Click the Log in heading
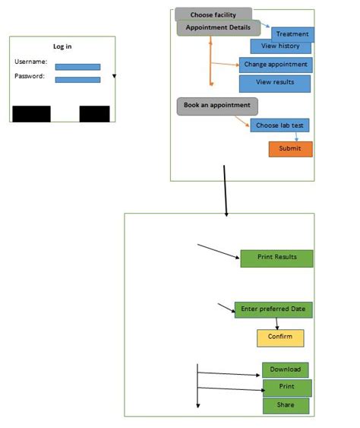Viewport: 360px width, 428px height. tap(62, 46)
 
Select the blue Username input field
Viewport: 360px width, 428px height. tap(77, 67)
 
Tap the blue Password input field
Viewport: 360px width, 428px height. tap(77, 79)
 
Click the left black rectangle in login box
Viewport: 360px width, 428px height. tap(31, 114)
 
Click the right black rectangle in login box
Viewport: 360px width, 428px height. tap(95, 114)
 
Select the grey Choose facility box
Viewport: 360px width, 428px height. tap(213, 14)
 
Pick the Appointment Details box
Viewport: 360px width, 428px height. tap(218, 27)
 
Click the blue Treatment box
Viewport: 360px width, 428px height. tap(292, 34)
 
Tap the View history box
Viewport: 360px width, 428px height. tap(280, 46)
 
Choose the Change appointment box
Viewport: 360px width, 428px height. tap(275, 65)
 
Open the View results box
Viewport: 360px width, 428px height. tap(274, 83)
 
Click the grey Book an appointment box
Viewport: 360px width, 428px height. tap(216, 106)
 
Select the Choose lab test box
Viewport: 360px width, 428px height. tap(279, 125)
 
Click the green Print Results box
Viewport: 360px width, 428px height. tap(276, 258)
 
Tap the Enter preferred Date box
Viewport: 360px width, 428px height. tap(273, 309)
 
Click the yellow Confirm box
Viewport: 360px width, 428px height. tap(279, 337)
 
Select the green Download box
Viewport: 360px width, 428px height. tap(286, 370)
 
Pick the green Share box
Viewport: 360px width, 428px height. tap(286, 405)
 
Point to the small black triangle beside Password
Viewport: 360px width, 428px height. tap(114, 77)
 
